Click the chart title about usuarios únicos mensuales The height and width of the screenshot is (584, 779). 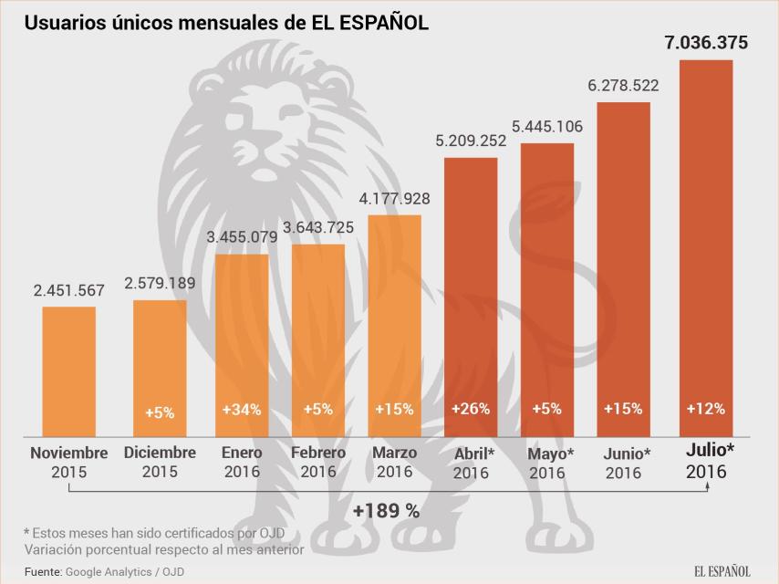pos(226,23)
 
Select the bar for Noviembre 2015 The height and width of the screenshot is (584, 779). pos(69,370)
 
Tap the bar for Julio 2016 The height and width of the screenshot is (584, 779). pos(706,246)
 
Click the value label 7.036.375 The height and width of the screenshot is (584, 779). pos(706,42)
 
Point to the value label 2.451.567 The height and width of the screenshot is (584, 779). pos(69,291)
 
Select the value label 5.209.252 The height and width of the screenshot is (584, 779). pos(471,141)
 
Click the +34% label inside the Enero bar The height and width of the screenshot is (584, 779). pos(242,410)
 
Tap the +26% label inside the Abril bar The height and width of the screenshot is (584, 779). pos(471,409)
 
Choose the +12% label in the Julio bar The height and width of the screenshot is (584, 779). pos(706,409)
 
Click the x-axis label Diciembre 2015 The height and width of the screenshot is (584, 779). pos(160,462)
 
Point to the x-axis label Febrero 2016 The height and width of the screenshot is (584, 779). pos(318,462)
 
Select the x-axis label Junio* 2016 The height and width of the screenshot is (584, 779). pos(628,462)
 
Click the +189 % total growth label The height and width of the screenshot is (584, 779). pos(388,511)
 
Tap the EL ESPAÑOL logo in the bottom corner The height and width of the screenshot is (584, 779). pos(722,571)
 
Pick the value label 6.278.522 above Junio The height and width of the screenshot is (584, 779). pos(623,85)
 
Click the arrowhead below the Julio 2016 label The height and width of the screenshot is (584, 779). pos(707,486)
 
